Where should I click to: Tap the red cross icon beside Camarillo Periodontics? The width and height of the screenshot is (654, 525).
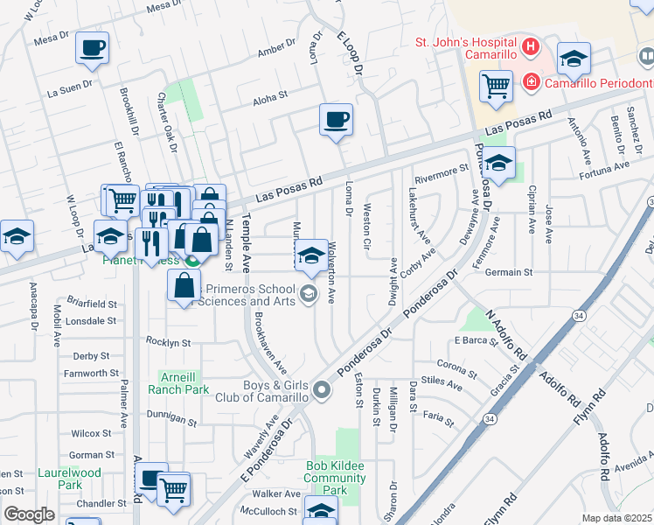[530, 82]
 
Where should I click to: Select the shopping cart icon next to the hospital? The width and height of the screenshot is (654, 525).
[496, 87]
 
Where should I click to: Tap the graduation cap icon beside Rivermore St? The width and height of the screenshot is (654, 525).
[498, 164]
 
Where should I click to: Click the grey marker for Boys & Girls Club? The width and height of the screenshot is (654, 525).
[321, 390]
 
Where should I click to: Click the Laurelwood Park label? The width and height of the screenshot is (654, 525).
[59, 478]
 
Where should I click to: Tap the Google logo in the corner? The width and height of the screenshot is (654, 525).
[29, 514]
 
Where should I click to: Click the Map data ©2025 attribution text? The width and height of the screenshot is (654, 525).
[616, 518]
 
